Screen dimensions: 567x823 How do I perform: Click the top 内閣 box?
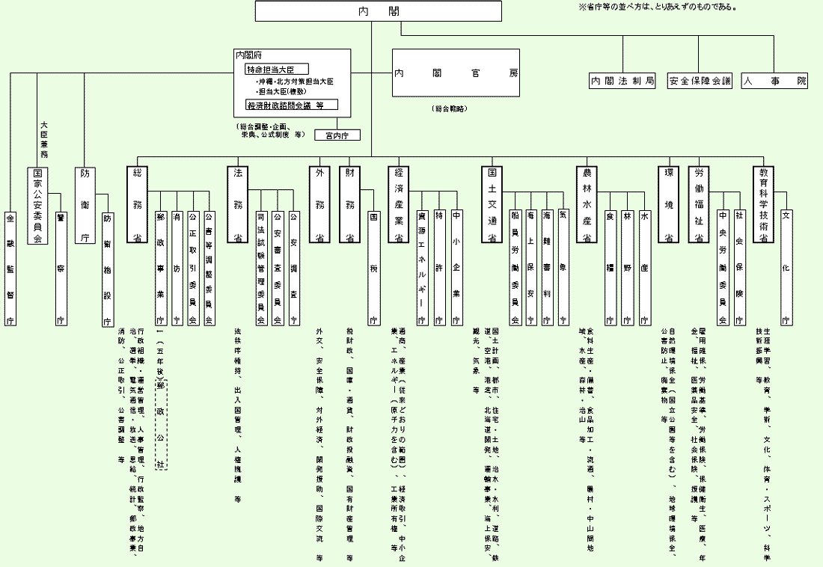point(378,11)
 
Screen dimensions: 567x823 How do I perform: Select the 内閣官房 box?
point(456,73)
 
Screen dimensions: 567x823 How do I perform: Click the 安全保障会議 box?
point(700,81)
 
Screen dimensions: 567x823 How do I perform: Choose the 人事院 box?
point(775,81)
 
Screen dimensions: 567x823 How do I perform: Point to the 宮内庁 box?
point(337,135)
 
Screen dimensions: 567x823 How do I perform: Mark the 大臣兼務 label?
point(44,140)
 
